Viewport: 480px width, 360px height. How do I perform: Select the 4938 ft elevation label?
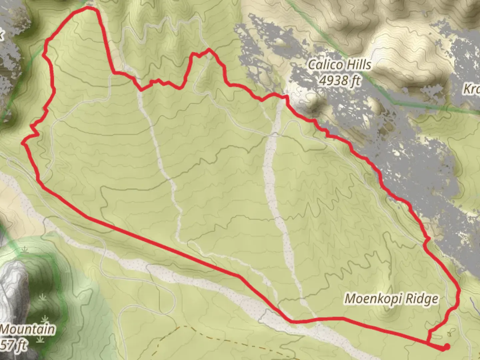339,80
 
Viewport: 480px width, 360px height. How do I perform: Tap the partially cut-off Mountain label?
27,329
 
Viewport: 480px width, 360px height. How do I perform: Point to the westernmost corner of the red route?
23,143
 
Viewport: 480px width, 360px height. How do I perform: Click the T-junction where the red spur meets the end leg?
427,342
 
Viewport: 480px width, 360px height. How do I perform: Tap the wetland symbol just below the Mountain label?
40,339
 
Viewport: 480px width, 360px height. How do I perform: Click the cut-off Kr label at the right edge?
472,89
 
